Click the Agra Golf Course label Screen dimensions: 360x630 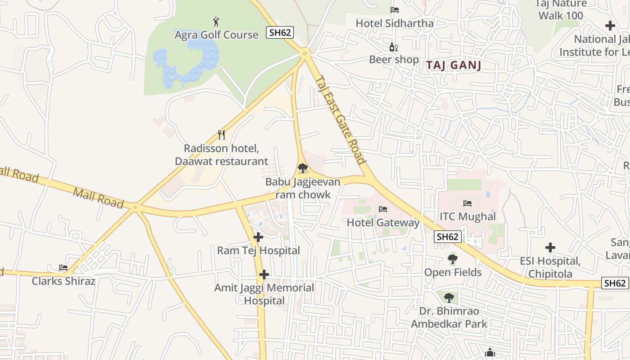coord(216,35)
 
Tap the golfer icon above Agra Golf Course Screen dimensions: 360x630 coord(216,21)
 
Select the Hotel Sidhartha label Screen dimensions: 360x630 coord(395,23)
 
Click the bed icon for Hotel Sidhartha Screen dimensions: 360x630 coord(395,10)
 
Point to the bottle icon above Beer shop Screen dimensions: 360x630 coord(393,47)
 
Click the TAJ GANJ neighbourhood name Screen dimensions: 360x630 coord(454,65)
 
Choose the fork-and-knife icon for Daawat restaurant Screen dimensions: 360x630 coord(221,135)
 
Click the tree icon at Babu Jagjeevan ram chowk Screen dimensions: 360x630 coord(303,169)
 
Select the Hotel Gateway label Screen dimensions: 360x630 coord(383,222)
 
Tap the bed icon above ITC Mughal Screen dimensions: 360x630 coord(468,203)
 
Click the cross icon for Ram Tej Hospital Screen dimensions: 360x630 coord(258,237)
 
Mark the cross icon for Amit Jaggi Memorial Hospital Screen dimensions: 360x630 coord(264,274)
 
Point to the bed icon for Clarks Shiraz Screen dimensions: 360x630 coord(63,268)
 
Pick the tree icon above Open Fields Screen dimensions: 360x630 coord(453,259)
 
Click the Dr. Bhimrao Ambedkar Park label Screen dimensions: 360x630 coord(449,317)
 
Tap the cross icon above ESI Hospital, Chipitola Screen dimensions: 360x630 coord(550,247)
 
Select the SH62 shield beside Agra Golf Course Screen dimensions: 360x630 coord(279,32)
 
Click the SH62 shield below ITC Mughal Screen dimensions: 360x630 coord(448,237)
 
